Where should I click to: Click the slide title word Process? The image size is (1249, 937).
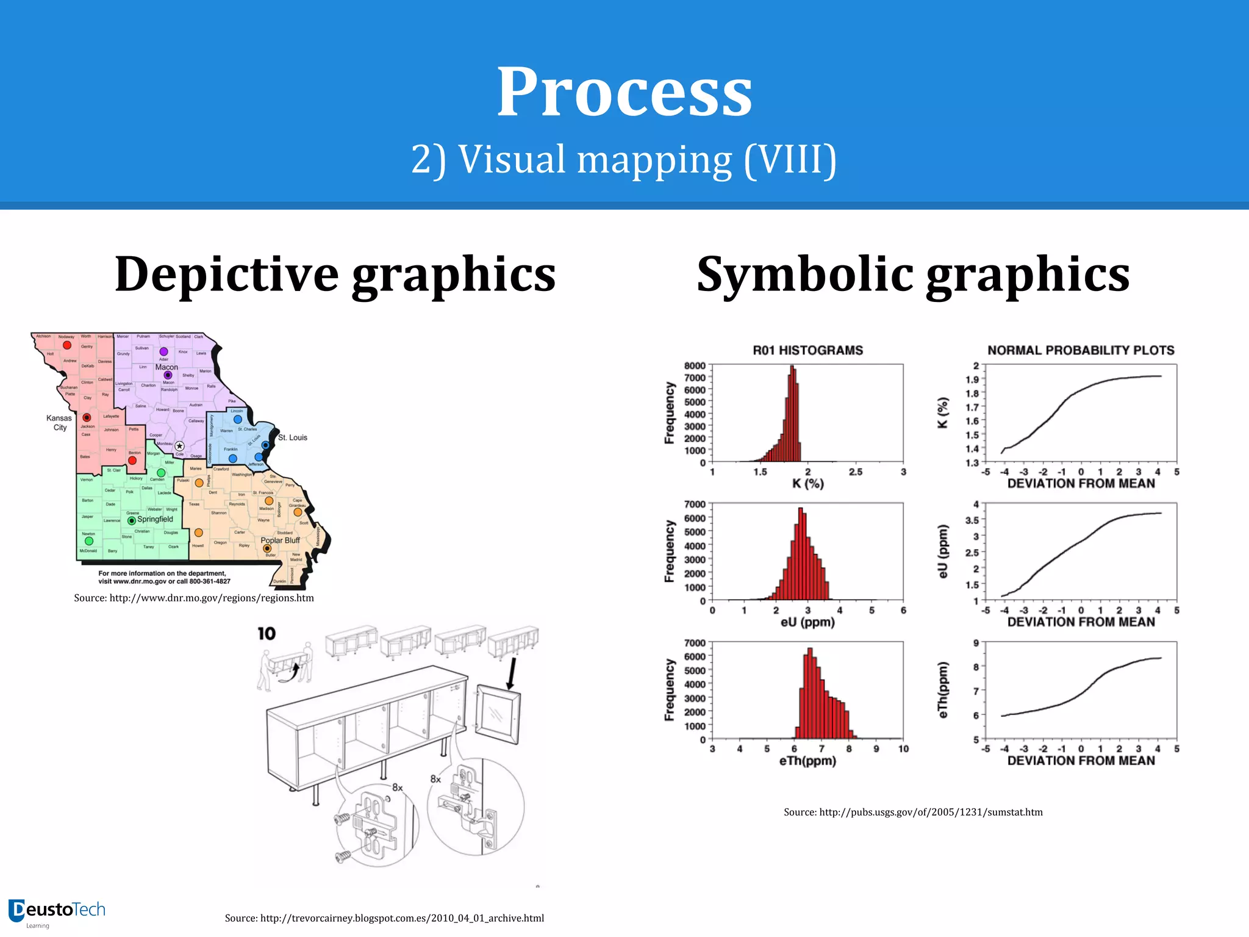coord(624,93)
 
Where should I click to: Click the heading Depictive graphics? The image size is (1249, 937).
coord(335,274)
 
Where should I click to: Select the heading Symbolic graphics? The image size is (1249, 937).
coord(913,274)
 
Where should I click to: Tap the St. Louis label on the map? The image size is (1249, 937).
coord(293,437)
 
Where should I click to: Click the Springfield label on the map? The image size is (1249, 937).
coord(155,519)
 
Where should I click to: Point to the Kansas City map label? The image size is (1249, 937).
coord(59,422)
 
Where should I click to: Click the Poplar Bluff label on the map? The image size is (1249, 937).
coord(280,540)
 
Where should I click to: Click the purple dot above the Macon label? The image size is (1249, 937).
coord(163,352)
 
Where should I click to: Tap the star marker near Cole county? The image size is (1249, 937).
coord(179,446)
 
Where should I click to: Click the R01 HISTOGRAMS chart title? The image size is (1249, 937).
coord(807,350)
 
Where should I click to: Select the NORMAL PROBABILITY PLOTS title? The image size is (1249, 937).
coord(1081,350)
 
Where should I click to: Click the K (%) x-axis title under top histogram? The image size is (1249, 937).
coord(807,484)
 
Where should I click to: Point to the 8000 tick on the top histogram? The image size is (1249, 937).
coord(695,366)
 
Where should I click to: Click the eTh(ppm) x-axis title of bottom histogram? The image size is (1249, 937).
coord(807,761)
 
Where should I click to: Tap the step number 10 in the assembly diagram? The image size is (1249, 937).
coord(267,634)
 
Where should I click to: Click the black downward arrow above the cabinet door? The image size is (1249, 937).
coord(512,673)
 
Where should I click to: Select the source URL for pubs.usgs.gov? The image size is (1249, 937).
coord(913,812)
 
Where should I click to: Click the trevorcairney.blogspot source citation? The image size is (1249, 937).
coord(384,918)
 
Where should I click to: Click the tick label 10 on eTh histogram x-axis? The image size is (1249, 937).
coord(903,749)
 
